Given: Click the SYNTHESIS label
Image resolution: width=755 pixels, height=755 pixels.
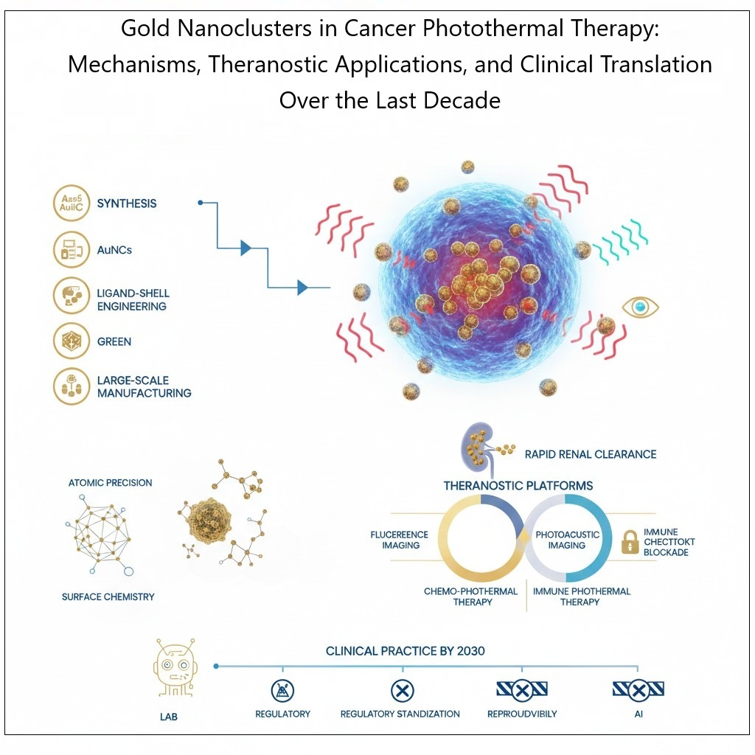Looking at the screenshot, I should pyautogui.click(x=127, y=203).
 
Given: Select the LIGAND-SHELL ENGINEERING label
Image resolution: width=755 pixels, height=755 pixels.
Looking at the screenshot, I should pyautogui.click(x=132, y=300).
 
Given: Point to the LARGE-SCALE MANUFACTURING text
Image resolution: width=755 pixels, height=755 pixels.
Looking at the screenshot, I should pyautogui.click(x=144, y=387).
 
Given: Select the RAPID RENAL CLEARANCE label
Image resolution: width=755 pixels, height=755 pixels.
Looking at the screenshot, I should pyautogui.click(x=590, y=454).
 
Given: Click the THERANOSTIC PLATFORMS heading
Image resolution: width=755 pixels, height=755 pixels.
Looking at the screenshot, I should pyautogui.click(x=518, y=486).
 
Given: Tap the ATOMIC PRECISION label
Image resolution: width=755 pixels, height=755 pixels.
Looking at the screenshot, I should pyautogui.click(x=110, y=483).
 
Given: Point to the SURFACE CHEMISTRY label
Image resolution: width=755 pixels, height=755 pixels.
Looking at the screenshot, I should pyautogui.click(x=108, y=596).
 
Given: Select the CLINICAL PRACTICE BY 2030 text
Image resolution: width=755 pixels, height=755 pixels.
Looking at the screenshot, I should pyautogui.click(x=406, y=652).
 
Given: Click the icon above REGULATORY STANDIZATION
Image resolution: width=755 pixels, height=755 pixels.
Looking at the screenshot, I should pyautogui.click(x=401, y=691).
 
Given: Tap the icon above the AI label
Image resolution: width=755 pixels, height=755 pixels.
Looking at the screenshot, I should pyautogui.click(x=639, y=691).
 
